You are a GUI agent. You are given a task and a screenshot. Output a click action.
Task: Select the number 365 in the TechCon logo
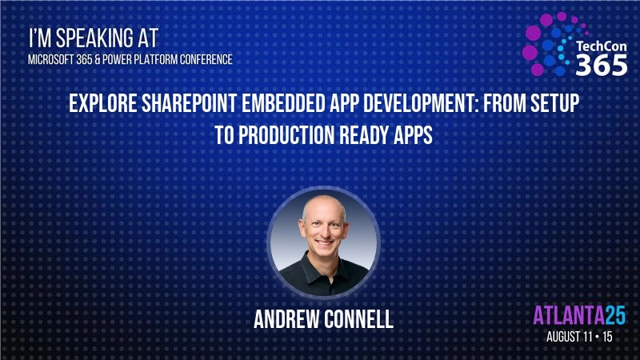602,66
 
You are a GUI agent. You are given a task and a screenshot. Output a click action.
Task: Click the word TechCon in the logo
602,46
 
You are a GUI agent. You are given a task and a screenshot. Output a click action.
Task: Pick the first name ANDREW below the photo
285,318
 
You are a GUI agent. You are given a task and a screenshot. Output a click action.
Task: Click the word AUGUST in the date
569,337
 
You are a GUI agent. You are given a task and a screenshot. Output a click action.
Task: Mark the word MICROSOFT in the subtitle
50,58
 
